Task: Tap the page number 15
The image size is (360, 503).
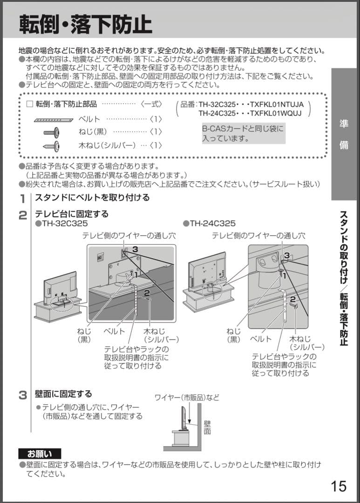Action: pos(339,486)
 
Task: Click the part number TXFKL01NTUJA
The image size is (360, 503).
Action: pos(277,105)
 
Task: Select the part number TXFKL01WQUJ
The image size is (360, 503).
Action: pos(276,113)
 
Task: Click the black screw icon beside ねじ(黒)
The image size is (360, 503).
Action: pos(51,132)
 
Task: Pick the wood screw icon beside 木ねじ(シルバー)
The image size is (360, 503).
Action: pos(51,145)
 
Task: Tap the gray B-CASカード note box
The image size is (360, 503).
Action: pos(243,133)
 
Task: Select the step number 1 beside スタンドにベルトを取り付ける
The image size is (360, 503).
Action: pos(22,198)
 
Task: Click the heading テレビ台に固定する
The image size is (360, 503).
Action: pos(72,214)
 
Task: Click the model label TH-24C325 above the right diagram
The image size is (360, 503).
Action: pos(212,224)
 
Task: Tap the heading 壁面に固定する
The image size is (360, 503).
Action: pos(63,394)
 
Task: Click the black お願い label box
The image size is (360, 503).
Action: pos(40,453)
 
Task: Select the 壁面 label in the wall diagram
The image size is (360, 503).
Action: pos(207,427)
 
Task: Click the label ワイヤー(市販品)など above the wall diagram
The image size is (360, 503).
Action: pos(187,398)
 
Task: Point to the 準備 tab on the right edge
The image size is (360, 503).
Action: pos(344,135)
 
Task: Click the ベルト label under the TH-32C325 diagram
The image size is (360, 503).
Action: pos(115,331)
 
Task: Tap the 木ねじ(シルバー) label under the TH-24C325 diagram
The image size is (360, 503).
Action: pos(306,343)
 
